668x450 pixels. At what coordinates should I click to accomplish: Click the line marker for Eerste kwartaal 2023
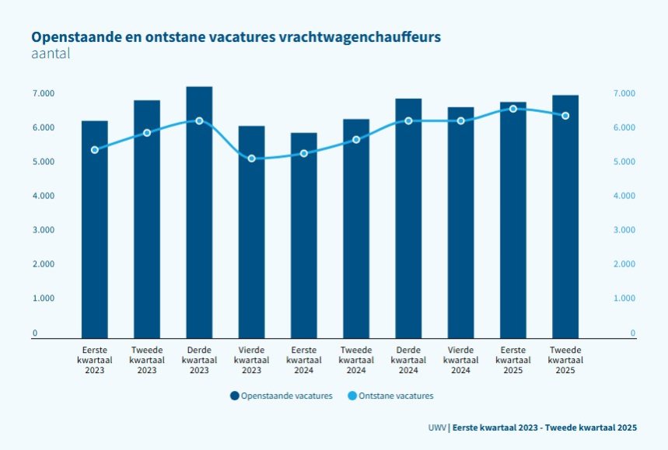click(95, 150)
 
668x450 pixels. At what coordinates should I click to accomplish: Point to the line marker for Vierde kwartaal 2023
click(251, 159)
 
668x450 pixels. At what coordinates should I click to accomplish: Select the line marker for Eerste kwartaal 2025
click(512, 109)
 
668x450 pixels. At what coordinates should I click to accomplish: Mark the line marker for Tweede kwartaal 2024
click(356, 140)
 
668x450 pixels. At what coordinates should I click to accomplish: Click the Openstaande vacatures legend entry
click(282, 396)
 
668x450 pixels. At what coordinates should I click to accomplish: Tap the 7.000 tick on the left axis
click(43, 93)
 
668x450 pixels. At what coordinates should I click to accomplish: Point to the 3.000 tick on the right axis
click(624, 230)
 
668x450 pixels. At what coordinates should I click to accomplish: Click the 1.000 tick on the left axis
click(43, 298)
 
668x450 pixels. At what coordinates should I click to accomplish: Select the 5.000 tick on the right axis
click(624, 162)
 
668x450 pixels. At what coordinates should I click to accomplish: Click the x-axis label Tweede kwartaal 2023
click(147, 360)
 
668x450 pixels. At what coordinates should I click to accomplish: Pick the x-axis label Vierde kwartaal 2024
click(460, 360)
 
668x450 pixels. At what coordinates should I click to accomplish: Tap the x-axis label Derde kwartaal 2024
click(408, 360)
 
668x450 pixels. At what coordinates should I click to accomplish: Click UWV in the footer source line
click(437, 428)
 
